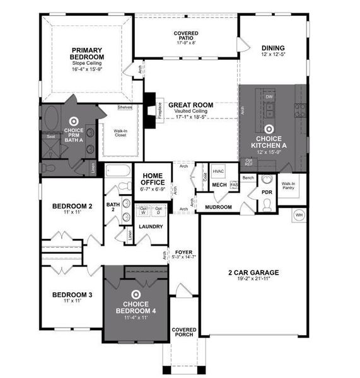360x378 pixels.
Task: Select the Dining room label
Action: pos(273,48)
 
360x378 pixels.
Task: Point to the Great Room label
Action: pos(190,105)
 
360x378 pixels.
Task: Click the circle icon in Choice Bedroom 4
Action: pos(135,294)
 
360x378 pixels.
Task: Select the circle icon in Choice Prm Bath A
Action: pos(73,121)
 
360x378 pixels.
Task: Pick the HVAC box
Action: pos(218,171)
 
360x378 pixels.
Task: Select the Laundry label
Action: pos(151,227)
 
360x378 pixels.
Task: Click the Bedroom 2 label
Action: pos(72,206)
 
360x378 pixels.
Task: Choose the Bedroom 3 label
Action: pos(72,295)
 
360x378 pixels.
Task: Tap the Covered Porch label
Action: pos(183,332)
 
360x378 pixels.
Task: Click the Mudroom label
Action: pos(219,207)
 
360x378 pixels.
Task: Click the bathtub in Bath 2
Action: pos(119,171)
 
